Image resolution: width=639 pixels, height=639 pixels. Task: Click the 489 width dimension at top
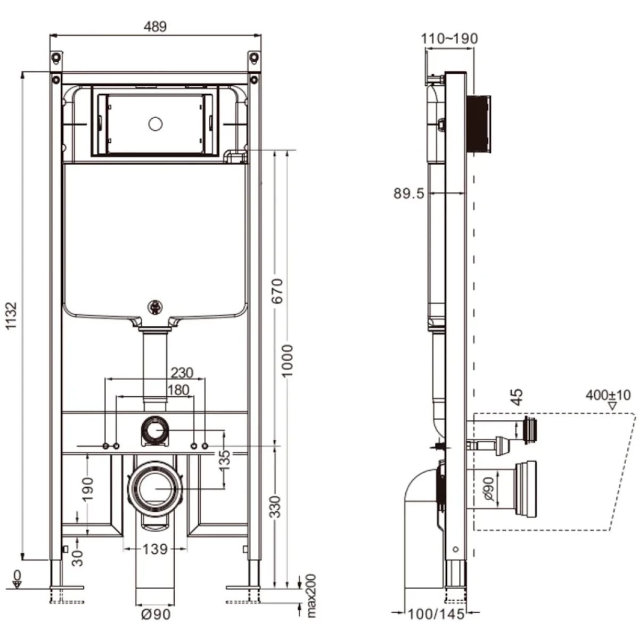[155, 27]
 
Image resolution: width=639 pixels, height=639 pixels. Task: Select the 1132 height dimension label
[12, 315]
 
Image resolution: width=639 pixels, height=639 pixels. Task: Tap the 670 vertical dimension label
[277, 291]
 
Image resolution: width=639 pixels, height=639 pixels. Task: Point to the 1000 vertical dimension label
[287, 361]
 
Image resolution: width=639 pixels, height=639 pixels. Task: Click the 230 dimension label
[182, 373]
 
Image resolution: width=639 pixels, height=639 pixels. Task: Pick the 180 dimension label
[178, 390]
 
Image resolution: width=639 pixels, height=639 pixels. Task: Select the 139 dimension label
[155, 549]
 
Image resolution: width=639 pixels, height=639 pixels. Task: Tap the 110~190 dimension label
[449, 38]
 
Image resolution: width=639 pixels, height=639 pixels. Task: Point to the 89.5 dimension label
[409, 194]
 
